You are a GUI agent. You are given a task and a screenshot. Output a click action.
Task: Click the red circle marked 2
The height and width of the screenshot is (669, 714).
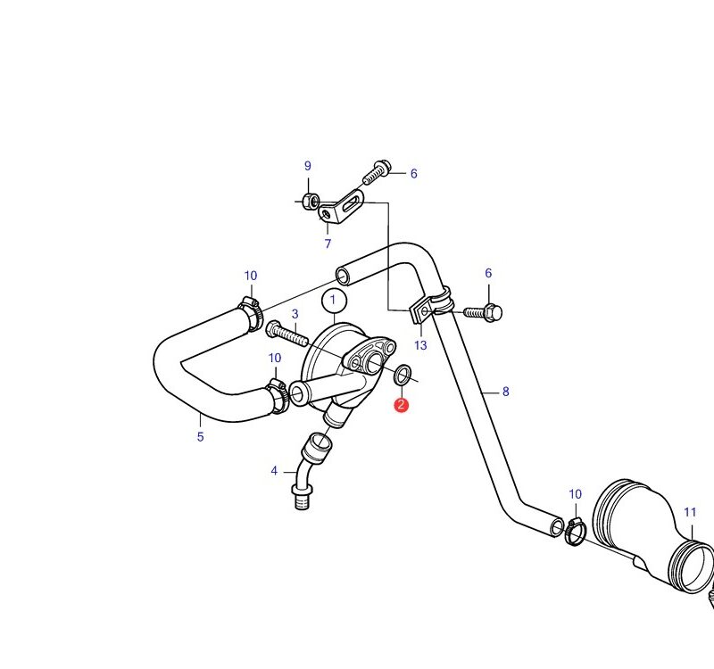pyautogui.click(x=401, y=405)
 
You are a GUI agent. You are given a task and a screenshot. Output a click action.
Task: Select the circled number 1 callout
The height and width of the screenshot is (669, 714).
pyautogui.click(x=334, y=301)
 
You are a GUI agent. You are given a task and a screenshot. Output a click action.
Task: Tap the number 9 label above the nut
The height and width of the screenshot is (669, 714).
pyautogui.click(x=308, y=166)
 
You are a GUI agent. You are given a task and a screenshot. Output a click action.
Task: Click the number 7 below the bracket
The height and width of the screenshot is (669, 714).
pyautogui.click(x=328, y=244)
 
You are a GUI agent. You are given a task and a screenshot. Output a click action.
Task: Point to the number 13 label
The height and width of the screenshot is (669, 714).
pyautogui.click(x=420, y=345)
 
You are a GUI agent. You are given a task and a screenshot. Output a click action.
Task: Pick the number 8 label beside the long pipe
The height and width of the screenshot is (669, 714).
pyautogui.click(x=505, y=392)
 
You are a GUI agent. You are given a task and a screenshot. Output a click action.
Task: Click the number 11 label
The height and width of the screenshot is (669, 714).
pyautogui.click(x=690, y=512)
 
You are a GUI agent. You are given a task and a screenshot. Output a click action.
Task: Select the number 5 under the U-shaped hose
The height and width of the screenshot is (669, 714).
pyautogui.click(x=200, y=436)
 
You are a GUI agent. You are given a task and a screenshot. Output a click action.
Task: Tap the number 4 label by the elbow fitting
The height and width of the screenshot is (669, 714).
pyautogui.click(x=274, y=471)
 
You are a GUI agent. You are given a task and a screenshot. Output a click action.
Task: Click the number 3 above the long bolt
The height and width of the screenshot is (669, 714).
pyautogui.click(x=295, y=314)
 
